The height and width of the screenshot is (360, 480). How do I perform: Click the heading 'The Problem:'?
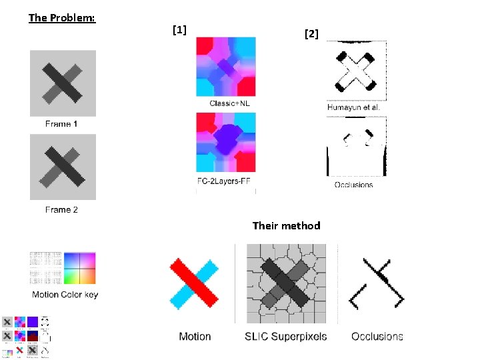point(62,17)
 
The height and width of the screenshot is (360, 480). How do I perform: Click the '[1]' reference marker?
point(179,29)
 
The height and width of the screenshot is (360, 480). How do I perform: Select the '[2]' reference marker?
point(311,33)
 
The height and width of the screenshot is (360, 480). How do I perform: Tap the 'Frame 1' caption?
point(61,124)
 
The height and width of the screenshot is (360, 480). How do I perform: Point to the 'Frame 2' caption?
point(61,209)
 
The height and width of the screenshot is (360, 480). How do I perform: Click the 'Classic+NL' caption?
point(229,103)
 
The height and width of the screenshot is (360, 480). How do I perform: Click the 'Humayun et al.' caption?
point(353,107)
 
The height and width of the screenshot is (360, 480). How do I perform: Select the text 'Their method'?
point(286,226)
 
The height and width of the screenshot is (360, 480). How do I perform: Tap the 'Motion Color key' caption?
point(65,295)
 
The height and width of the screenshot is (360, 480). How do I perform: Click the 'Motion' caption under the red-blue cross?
point(195,337)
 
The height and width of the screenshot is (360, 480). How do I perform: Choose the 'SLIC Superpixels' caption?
point(286,336)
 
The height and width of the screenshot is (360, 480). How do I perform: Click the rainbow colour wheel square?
point(80,269)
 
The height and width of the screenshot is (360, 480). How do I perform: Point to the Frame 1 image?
point(63,83)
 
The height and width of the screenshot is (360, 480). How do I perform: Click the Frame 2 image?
point(63,167)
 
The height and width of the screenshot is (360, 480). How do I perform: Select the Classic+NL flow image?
point(225,67)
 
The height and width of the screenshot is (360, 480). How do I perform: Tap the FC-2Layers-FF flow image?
point(225,143)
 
